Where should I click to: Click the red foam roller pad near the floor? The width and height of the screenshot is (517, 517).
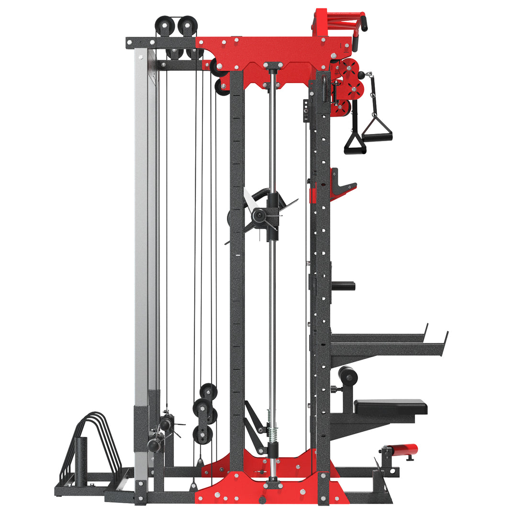402,450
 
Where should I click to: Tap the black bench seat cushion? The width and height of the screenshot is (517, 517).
390,406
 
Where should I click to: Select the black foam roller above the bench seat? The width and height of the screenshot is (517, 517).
348,376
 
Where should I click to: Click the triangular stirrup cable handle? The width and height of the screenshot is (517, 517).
377,129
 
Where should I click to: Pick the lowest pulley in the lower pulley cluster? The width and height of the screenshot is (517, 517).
202,435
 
